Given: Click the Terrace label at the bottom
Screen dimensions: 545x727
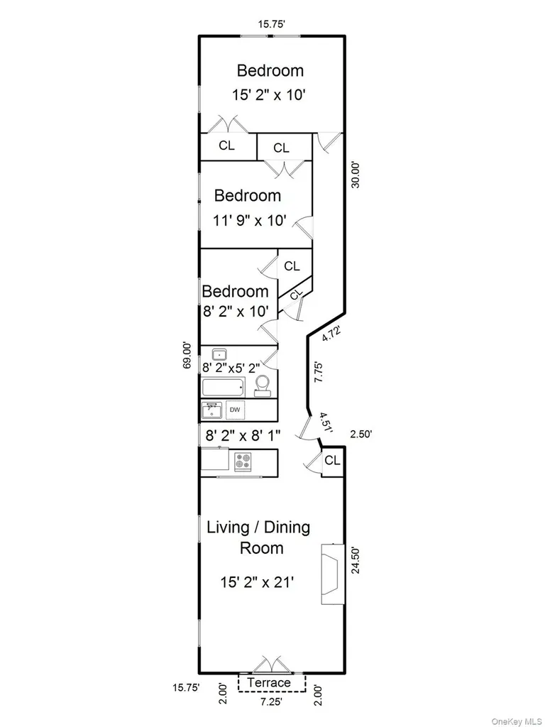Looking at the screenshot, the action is pyautogui.click(x=269, y=682).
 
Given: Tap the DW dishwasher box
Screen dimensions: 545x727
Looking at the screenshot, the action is pyautogui.click(x=235, y=410).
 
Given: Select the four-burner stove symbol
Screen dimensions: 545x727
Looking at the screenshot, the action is pyautogui.click(x=243, y=461).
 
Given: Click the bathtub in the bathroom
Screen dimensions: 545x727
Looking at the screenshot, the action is pyautogui.click(x=224, y=387).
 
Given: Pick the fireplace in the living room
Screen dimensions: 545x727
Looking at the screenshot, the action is pyautogui.click(x=333, y=574).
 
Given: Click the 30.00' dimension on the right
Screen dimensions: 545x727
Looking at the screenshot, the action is pyautogui.click(x=356, y=175).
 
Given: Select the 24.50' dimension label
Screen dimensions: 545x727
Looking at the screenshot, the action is pyautogui.click(x=356, y=560).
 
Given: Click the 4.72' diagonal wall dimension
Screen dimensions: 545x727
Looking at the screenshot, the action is pyautogui.click(x=332, y=334).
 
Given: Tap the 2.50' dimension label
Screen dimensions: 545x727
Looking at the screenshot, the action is pyautogui.click(x=360, y=434).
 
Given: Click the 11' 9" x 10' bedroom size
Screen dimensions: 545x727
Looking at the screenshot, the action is pyautogui.click(x=249, y=220).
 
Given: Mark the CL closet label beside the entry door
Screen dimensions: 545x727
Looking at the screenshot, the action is pyautogui.click(x=332, y=460).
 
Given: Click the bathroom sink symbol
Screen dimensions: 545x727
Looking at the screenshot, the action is pyautogui.click(x=219, y=355).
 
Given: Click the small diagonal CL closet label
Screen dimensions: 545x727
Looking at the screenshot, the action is pyautogui.click(x=296, y=294).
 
